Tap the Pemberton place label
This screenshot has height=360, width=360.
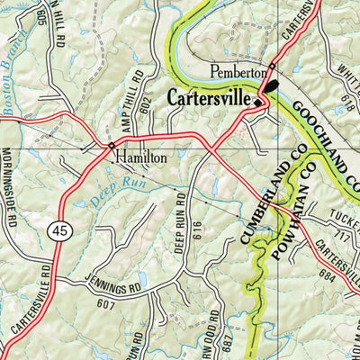pos(238,71)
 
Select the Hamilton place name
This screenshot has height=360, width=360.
pos(141,157)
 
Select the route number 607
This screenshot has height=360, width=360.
pos(110,304)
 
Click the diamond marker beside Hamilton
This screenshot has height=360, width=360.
pos(112,145)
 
